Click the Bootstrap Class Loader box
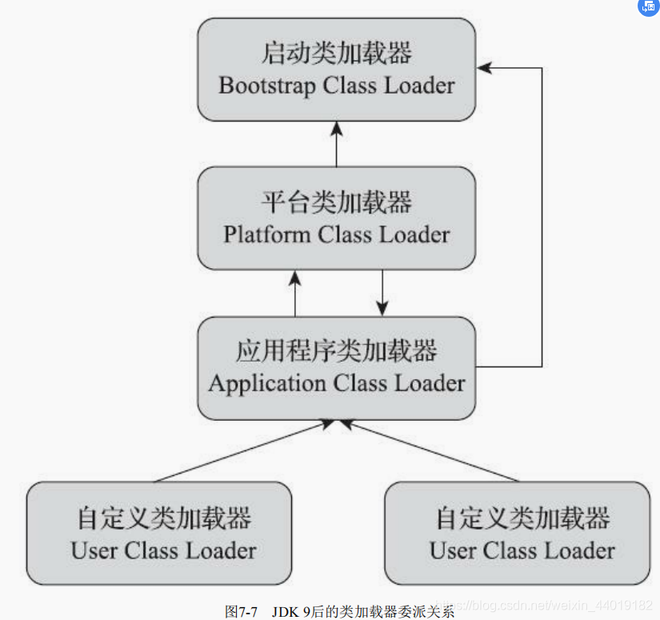pos(337,70)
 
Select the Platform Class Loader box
pos(337,218)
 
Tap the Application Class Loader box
pos(337,367)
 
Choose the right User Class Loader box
pos(517,533)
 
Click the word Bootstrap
pos(268,86)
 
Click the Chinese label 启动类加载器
pos(337,54)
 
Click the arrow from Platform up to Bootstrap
pos(337,144)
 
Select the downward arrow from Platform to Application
pos(382,293)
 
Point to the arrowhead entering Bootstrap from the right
pos(485,68)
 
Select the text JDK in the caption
pos(284,612)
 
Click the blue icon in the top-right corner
pos(646,8)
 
